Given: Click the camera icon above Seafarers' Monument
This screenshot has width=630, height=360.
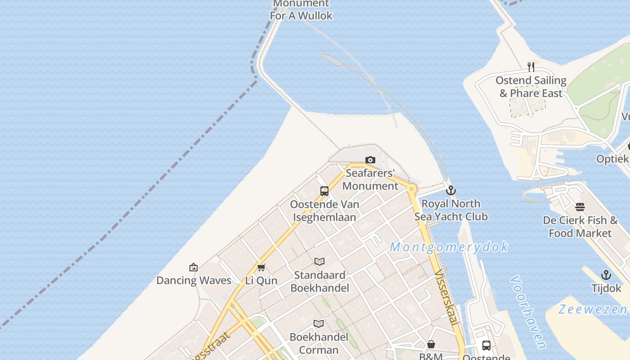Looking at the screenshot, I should tap(370, 160).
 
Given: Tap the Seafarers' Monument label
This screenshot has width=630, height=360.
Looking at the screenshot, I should tap(370, 180).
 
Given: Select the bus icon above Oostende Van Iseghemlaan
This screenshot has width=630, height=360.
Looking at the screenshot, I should tap(324, 191).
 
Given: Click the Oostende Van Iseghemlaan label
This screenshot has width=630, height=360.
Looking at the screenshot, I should tap(324, 211).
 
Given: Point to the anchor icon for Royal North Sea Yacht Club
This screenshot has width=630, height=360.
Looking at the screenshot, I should tap(451, 190).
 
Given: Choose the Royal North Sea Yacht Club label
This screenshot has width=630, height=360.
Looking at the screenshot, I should tap(451, 210).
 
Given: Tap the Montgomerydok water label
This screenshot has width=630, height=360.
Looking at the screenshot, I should tap(449, 247).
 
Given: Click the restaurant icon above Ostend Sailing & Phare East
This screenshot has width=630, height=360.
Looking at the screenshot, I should tap(531, 67).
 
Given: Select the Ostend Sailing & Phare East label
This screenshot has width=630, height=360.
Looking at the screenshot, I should tap(531, 87).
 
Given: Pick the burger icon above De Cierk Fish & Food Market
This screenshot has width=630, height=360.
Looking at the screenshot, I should tap(580, 207).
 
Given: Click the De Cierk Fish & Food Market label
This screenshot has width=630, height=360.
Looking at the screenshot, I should tap(580, 227).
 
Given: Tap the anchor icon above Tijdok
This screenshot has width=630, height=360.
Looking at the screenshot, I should tap(606, 275).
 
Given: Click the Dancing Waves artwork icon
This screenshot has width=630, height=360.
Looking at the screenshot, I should tap(193, 267).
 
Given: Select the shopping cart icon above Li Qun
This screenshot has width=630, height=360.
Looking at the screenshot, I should tap(261, 268).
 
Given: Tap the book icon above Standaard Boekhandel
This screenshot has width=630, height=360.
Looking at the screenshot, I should tap(319, 261).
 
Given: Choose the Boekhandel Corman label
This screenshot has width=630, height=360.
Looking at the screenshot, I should tap(319, 343).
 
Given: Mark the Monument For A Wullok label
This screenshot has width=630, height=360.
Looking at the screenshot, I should tap(301, 10).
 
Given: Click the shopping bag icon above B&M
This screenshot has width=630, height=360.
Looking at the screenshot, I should tap(431, 345).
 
